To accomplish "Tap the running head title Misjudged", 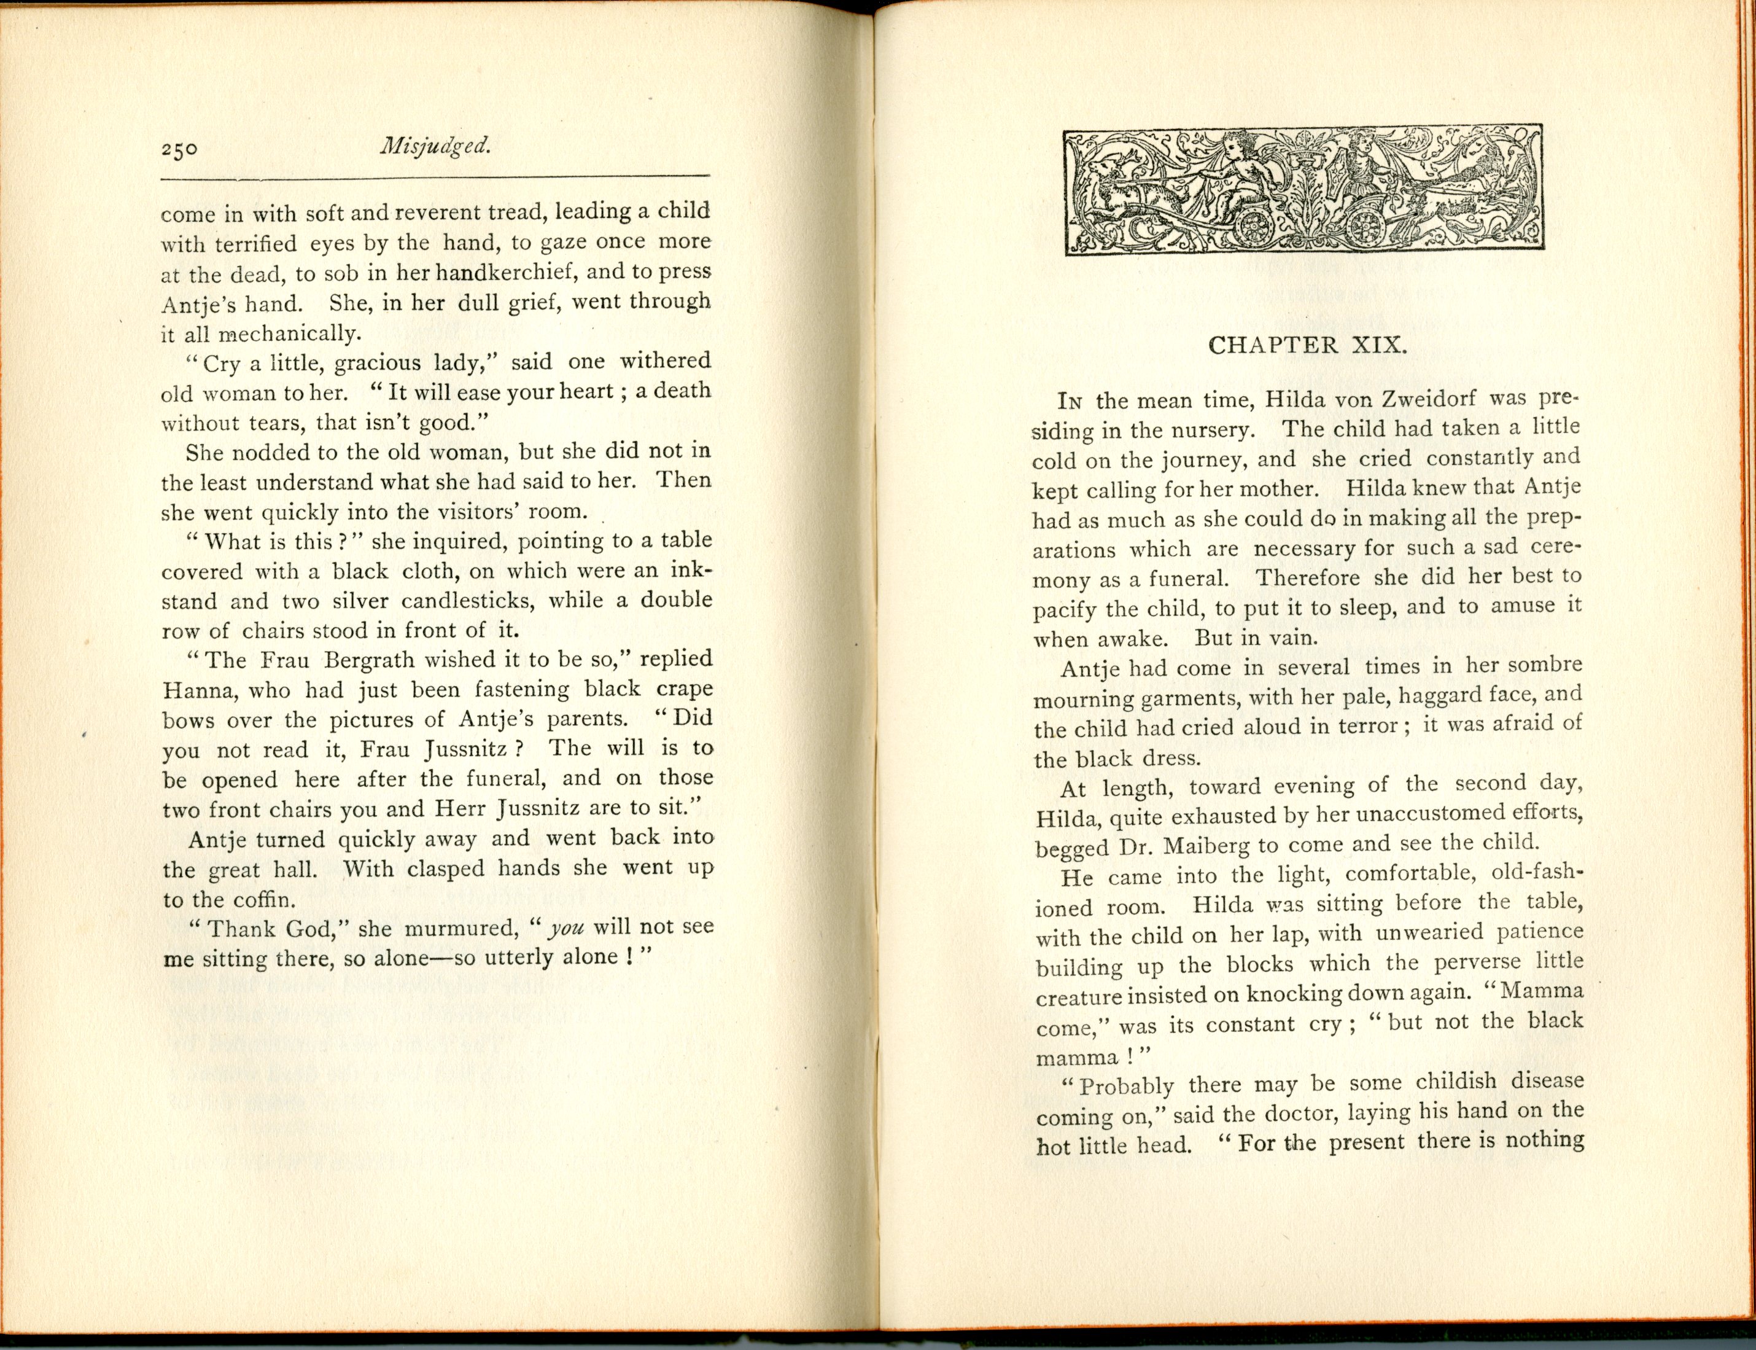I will click(x=435, y=146).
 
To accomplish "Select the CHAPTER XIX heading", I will click(x=1307, y=346).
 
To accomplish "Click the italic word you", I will click(x=565, y=927).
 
